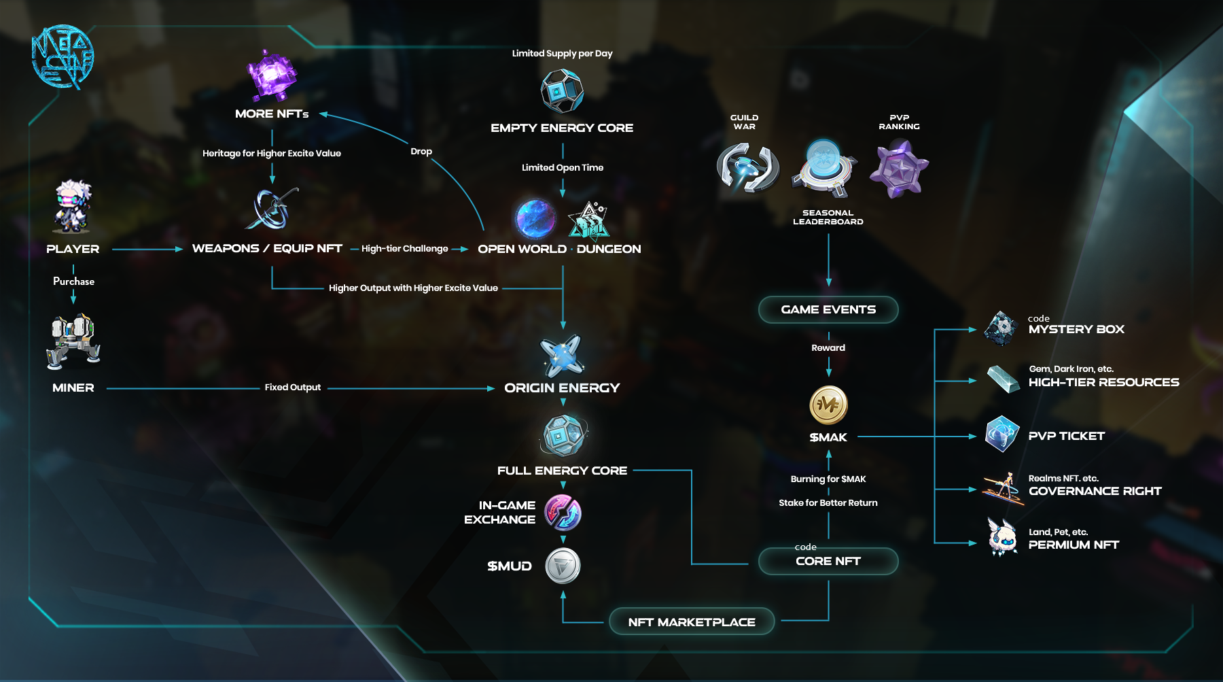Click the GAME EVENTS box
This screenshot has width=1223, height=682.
pos(828,309)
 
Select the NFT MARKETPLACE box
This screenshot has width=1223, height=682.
pos(692,621)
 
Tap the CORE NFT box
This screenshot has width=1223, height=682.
pos(828,561)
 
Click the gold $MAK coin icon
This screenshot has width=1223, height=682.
pos(828,405)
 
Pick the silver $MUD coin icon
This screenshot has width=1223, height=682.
pos(563,566)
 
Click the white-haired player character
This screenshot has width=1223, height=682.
pos(73,206)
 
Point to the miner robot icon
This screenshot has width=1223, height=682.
pos(73,341)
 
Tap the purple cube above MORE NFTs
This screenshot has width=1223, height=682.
pos(272,74)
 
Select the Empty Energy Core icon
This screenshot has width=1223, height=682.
pos(562,91)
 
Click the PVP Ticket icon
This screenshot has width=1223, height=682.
pos(1002,434)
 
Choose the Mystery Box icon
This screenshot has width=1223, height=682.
pos(1001,328)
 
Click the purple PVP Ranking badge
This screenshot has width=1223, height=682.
pos(899,169)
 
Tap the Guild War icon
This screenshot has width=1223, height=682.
pos(747,167)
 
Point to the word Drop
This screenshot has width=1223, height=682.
pos(421,152)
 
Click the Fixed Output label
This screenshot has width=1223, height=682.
pos(292,388)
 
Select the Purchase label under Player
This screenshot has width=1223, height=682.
pos(73,282)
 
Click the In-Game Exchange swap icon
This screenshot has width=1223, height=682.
pos(563,512)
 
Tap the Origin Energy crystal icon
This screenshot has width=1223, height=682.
pos(562,356)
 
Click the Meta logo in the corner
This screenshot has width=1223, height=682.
pos(63,58)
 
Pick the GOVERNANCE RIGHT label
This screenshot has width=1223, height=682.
pos(1095,491)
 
